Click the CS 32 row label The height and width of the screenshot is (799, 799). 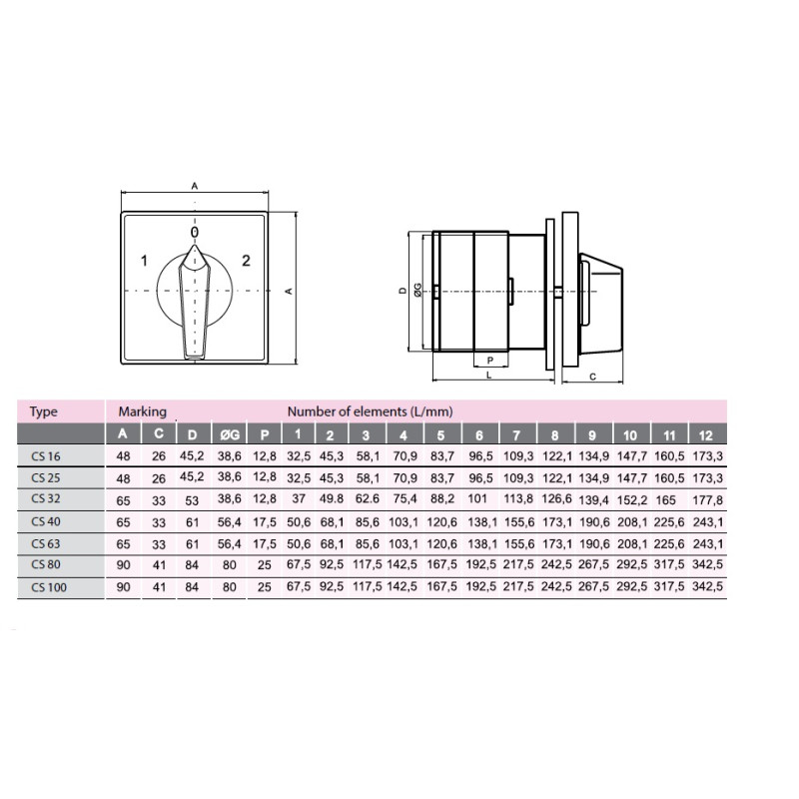[x=46, y=498]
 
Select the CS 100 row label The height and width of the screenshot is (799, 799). [x=49, y=587]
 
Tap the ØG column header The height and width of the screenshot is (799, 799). [x=230, y=434]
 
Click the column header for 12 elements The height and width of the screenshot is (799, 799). [x=706, y=435]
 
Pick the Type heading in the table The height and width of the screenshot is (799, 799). [x=43, y=411]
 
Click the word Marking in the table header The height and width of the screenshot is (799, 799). [x=143, y=411]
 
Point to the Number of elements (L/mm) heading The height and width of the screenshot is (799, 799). [x=370, y=411]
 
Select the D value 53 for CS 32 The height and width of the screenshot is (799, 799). [x=192, y=500]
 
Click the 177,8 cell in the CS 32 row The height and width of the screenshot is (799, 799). [x=707, y=500]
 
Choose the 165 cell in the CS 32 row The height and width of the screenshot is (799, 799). [x=665, y=500]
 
